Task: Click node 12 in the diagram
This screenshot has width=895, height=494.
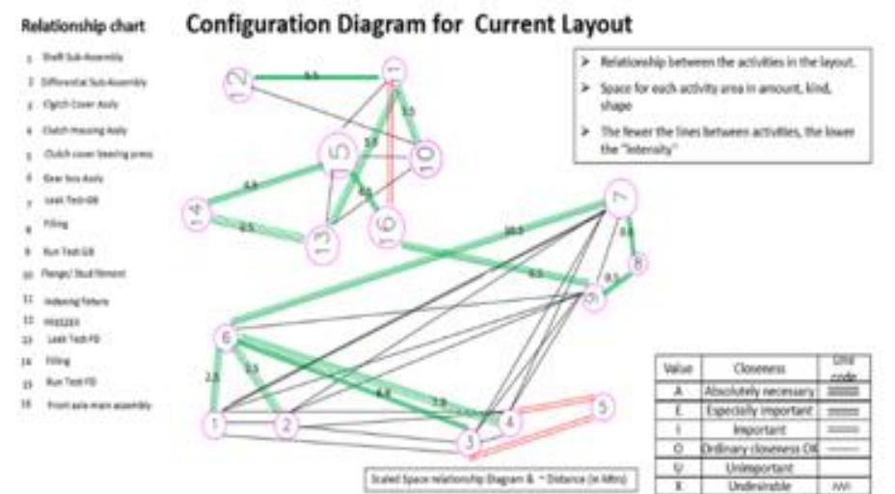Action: click(x=238, y=85)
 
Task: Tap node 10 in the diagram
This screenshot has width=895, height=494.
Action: click(x=424, y=159)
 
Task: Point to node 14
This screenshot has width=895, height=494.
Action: click(x=197, y=213)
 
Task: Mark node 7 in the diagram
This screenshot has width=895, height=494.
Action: click(x=621, y=200)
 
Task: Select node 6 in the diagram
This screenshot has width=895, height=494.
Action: click(x=226, y=337)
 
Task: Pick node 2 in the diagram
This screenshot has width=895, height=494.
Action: click(x=285, y=425)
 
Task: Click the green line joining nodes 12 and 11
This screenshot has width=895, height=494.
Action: click(x=318, y=78)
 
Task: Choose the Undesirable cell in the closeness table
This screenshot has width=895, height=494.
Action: click(x=760, y=485)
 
